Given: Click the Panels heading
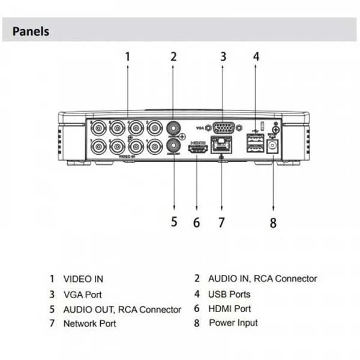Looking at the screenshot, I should tap(31, 31).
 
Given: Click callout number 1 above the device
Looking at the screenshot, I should tap(127, 57).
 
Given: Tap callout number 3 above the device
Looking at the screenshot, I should tap(223, 57).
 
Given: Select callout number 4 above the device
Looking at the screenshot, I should tap(256, 57).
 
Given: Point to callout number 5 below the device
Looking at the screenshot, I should tap(174, 221).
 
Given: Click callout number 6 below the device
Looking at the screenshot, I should tap(196, 223).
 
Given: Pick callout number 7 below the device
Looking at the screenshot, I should tap(221, 223).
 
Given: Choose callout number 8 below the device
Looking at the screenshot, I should tap(273, 223).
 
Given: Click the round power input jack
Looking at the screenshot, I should tap(274, 146).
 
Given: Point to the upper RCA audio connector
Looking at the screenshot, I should tap(174, 128).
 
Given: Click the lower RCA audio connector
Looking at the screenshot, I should tap(174, 145).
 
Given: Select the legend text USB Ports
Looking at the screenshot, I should tap(229, 294).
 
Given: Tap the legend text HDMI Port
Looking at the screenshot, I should tap(229, 308).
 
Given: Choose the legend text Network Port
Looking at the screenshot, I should tap(89, 323).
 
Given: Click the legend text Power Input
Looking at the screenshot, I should tap(233, 323).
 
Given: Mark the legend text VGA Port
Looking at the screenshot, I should tap(82, 295).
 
